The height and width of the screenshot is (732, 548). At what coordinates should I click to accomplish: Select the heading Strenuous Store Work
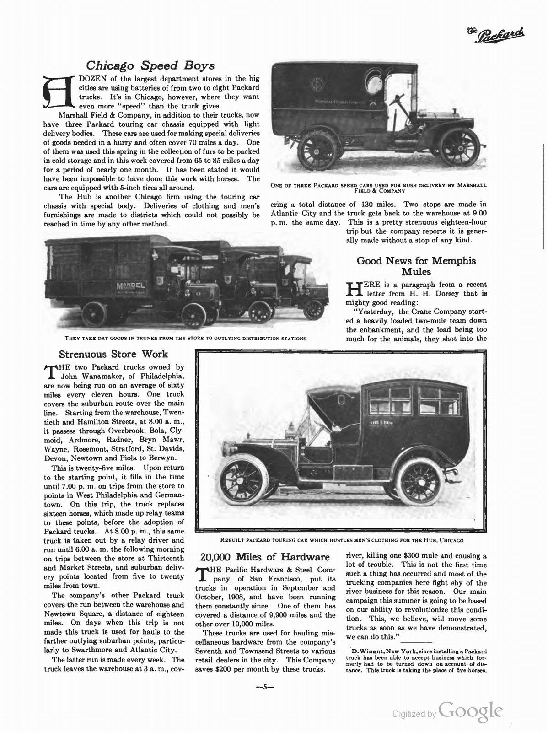[114, 354]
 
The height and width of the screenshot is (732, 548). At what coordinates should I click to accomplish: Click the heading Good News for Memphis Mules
[416, 266]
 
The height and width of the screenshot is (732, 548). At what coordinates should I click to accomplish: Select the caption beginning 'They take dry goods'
[186, 339]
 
